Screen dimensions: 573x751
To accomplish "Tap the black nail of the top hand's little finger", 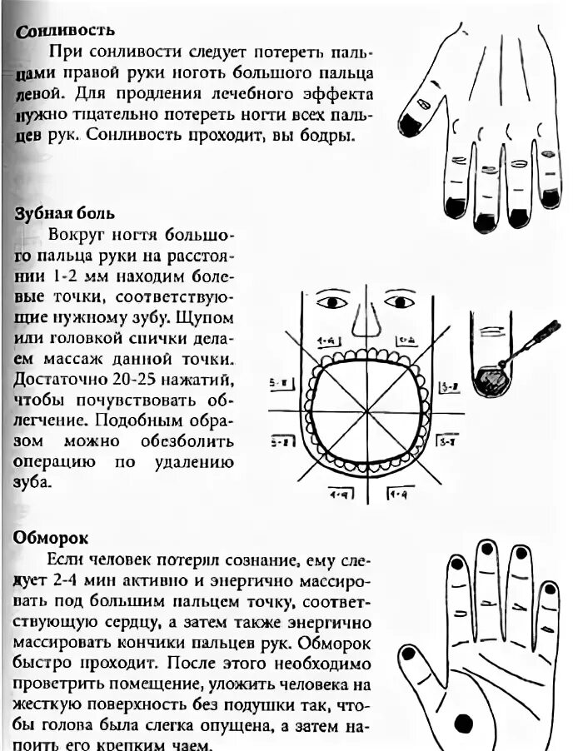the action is (x=551, y=197).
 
